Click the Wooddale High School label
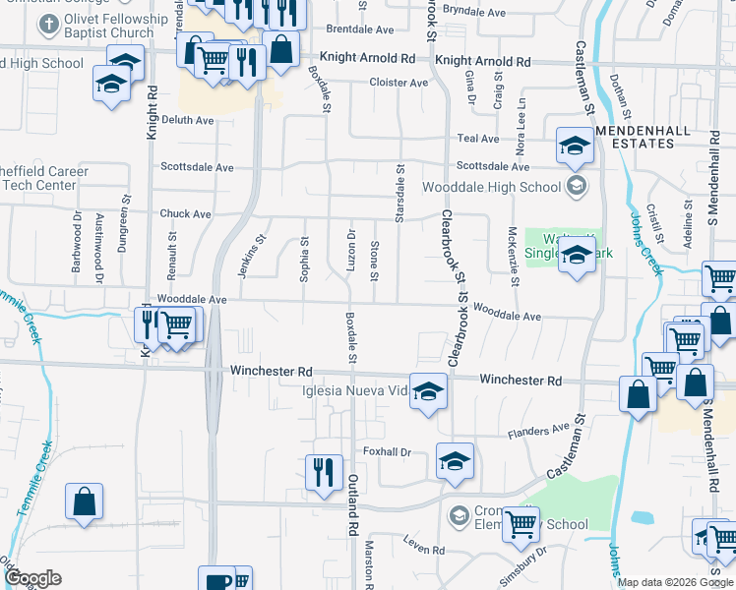point(491,187)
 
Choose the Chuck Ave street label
point(185,213)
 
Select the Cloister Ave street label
point(399,83)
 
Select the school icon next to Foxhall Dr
point(455,461)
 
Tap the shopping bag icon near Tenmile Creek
point(85,501)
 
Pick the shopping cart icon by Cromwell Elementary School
point(521,525)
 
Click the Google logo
point(33,578)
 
